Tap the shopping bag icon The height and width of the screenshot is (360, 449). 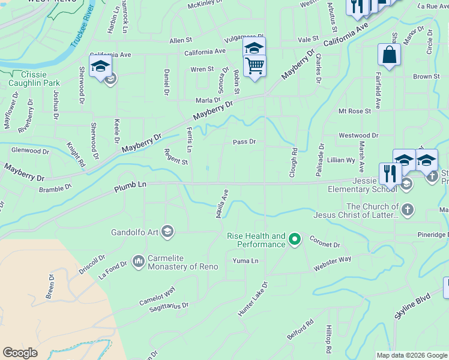pos(390,55)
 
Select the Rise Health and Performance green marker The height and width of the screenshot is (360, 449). pos(294,240)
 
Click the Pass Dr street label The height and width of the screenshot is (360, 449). pos(244,142)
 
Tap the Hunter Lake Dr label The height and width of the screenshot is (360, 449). pos(252,298)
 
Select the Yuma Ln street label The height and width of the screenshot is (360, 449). pos(246,261)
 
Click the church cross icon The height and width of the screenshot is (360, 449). pos(407,209)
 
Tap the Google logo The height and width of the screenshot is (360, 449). pos(20,353)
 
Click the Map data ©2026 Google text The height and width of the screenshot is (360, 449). pos(411,355)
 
